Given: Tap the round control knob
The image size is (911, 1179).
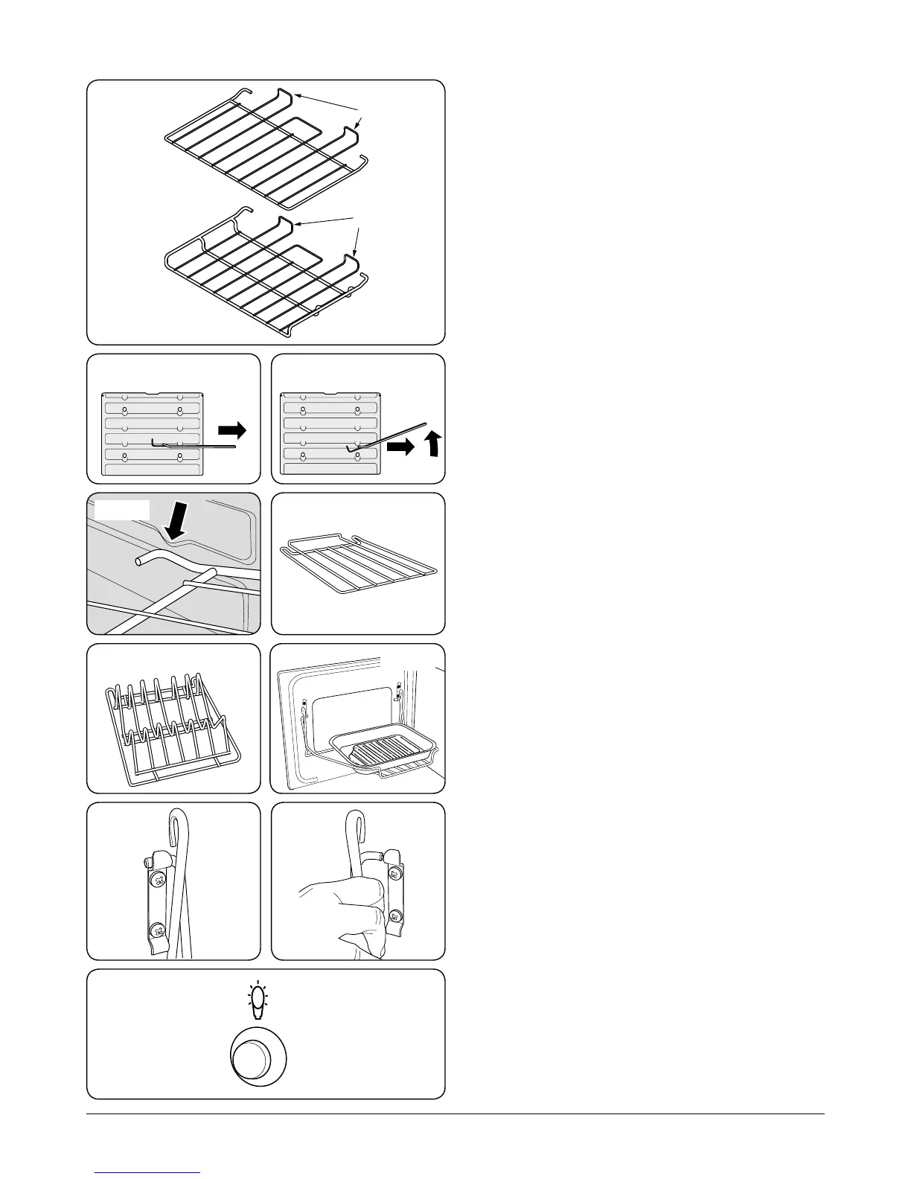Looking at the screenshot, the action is click(258, 1058).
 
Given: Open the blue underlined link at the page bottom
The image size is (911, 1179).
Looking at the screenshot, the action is click(148, 1173).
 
